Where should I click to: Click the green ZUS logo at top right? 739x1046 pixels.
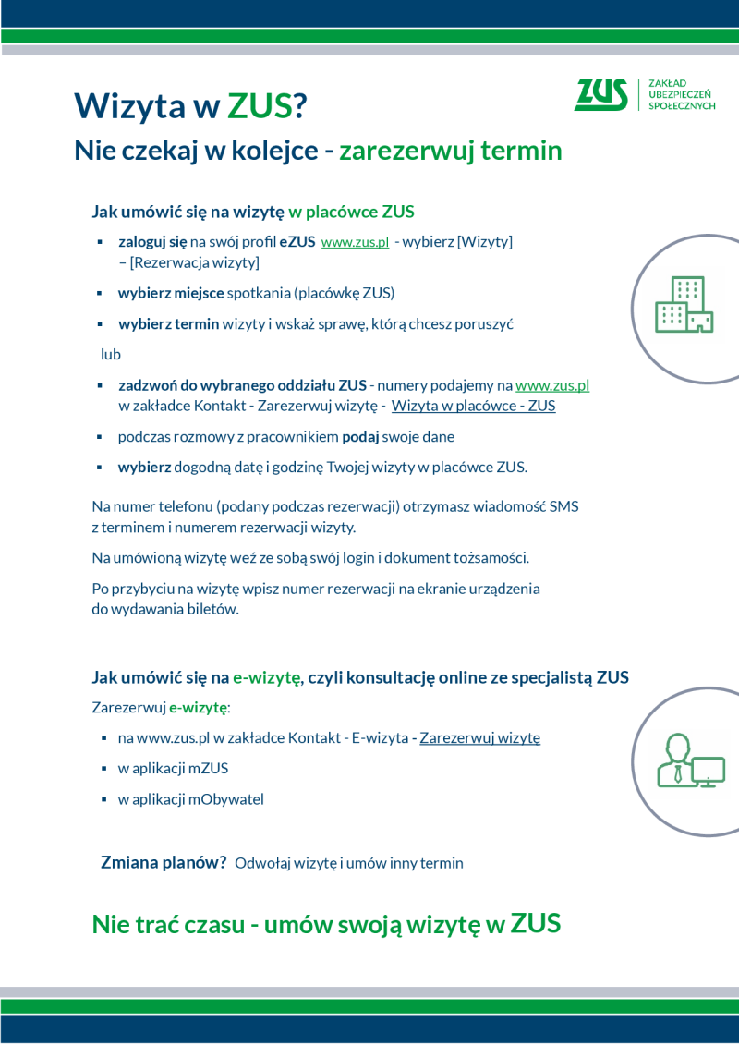coord(600,94)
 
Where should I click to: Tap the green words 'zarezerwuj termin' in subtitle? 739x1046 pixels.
coord(450,151)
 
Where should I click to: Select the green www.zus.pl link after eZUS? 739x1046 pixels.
coord(355,242)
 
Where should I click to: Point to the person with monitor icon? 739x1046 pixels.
coord(689,760)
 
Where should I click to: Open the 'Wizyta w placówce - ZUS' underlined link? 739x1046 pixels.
coord(473,406)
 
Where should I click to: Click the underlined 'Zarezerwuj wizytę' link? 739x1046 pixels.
coord(479,737)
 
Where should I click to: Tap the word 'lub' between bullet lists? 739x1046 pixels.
coord(111,354)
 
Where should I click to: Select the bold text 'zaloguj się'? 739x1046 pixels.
coord(152,242)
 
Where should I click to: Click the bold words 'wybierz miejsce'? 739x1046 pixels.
coord(171,293)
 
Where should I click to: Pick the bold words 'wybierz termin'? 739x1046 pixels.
coord(168,324)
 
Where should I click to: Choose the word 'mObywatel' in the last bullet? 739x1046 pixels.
coord(226,799)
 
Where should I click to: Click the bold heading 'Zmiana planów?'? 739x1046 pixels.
coord(164,862)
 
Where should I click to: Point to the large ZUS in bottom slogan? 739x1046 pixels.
coord(536,923)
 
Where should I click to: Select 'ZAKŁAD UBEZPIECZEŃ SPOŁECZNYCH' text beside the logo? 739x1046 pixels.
coord(682,94)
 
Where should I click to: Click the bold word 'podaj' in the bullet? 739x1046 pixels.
coord(361,436)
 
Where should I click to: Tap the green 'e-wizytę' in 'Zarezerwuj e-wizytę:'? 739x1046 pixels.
coord(198,708)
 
